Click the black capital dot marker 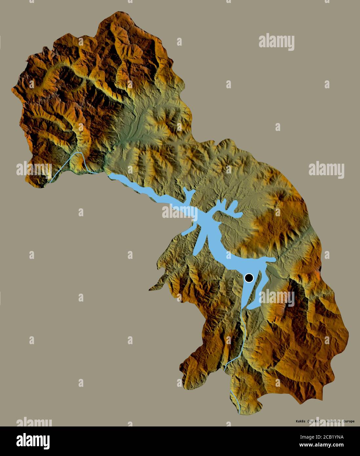[249, 278]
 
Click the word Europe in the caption [347, 421]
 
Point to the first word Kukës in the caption [297, 421]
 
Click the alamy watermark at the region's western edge [34, 169]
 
